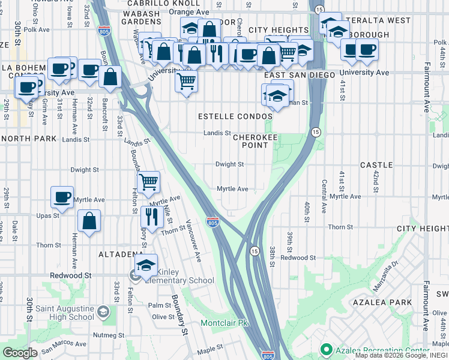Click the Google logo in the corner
click(x=20, y=353)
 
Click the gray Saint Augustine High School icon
click(x=103, y=311)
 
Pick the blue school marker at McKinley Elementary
click(x=146, y=265)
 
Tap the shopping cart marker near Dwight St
click(x=148, y=181)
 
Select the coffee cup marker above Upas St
click(x=62, y=196)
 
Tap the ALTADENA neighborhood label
click(x=120, y=254)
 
